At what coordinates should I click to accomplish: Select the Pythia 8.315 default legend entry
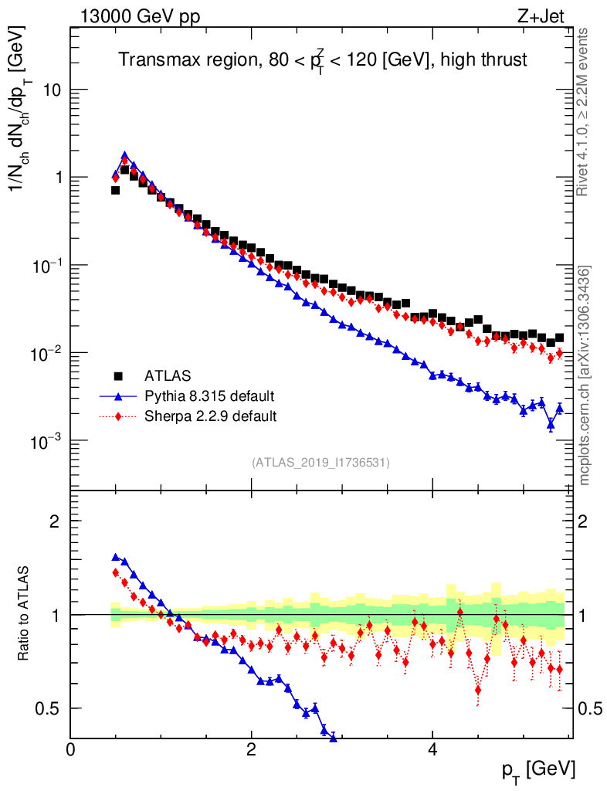click(x=209, y=397)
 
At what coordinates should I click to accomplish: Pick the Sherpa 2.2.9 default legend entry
click(x=210, y=417)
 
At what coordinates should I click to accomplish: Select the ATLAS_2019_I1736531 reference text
click(x=320, y=463)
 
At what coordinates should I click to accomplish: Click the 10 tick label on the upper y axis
click(x=53, y=90)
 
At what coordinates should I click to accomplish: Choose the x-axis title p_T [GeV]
click(x=539, y=769)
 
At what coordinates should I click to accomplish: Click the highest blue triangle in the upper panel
click(x=124, y=155)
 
